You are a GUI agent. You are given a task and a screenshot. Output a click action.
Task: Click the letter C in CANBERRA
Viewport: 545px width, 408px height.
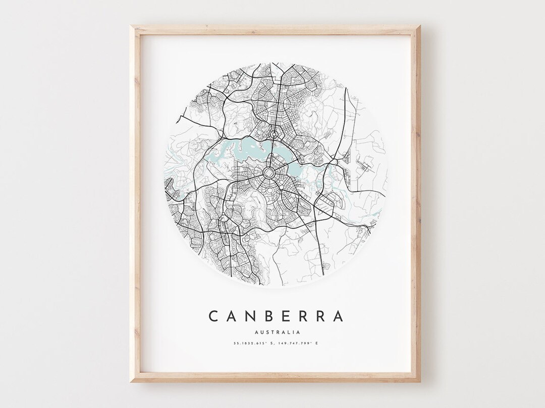point(214,316)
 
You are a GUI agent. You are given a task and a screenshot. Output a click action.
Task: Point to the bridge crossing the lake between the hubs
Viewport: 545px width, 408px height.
point(272,154)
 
